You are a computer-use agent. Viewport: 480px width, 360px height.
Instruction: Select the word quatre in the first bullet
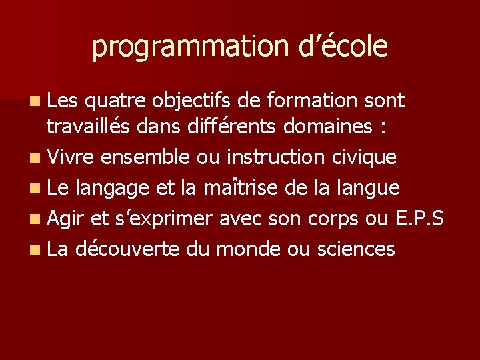coord(116,101)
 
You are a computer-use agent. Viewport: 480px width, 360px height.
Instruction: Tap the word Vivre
coord(71,157)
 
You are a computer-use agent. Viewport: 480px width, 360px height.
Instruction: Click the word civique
coord(364,157)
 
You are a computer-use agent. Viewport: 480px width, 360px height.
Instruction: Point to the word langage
coord(113,189)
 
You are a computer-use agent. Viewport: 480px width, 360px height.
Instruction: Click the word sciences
coord(356,249)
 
